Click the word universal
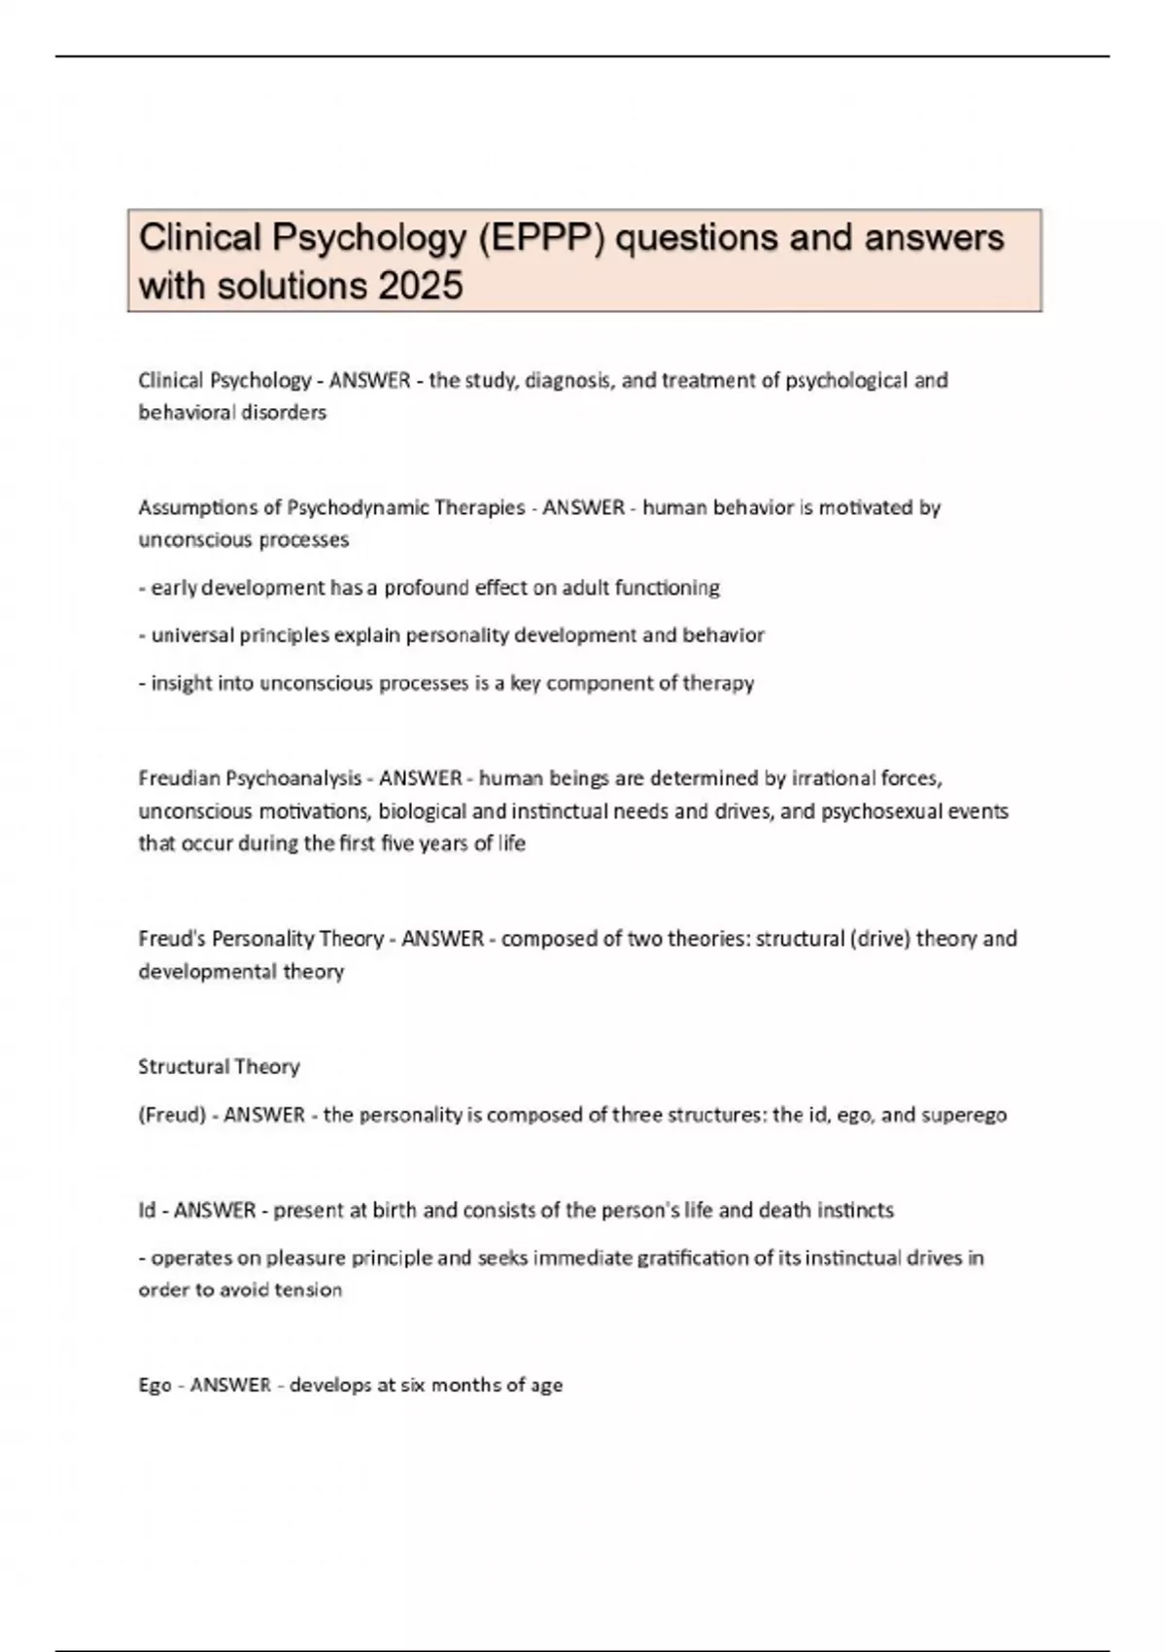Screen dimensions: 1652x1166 (x=190, y=636)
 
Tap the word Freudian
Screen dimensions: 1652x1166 (x=180, y=778)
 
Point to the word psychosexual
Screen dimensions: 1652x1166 (x=883, y=810)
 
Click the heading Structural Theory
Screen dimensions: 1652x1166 (x=219, y=1067)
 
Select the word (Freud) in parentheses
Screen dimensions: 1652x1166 (x=172, y=1115)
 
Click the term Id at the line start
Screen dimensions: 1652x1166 (x=147, y=1211)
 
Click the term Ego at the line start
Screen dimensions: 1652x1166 (x=154, y=1386)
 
